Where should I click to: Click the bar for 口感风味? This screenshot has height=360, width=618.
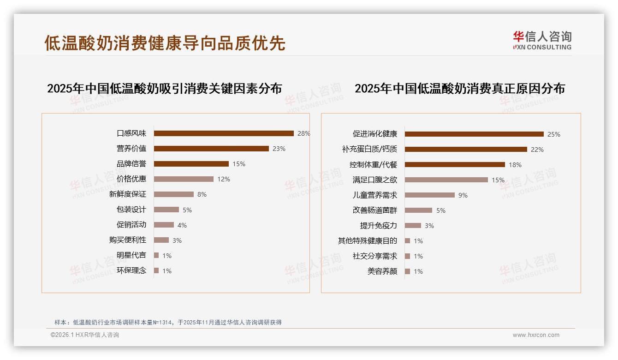point(224,133)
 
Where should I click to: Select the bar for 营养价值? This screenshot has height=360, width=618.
point(211,149)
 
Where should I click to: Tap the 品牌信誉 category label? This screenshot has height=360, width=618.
point(131,164)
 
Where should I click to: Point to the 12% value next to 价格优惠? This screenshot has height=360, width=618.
point(224,179)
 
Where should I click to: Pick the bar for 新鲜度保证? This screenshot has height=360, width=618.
point(174,194)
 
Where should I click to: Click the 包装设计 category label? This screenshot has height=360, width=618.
point(131,210)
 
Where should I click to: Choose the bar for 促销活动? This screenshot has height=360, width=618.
point(164,225)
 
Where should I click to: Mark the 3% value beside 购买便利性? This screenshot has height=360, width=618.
point(177,240)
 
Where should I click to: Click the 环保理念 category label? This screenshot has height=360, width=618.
point(131,270)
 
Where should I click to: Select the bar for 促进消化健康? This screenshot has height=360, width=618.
point(474,134)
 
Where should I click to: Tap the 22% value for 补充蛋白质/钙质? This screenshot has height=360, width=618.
point(537,150)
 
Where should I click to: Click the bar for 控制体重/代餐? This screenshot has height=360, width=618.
point(455,165)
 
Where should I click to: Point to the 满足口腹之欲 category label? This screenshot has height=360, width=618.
point(374,180)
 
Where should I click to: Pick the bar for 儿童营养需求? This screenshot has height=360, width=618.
point(430,195)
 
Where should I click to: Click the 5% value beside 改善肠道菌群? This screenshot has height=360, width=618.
point(441,210)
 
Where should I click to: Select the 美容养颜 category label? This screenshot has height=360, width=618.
point(382,271)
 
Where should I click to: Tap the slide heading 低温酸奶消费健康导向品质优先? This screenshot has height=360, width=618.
point(165,43)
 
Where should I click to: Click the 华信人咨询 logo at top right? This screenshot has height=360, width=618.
point(542,40)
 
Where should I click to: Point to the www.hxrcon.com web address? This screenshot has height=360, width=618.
point(536,335)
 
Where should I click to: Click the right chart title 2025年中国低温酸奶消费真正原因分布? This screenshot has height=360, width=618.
point(459,89)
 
